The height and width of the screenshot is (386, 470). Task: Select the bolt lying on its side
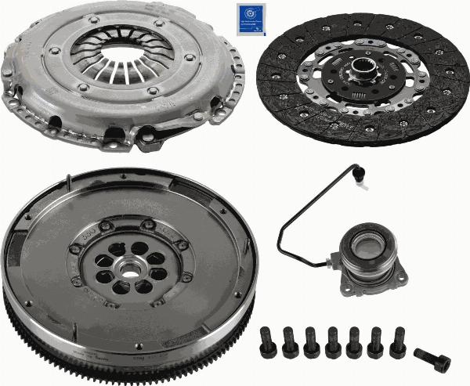tap(432, 361)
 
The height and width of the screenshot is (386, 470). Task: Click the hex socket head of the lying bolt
tap(443, 364)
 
